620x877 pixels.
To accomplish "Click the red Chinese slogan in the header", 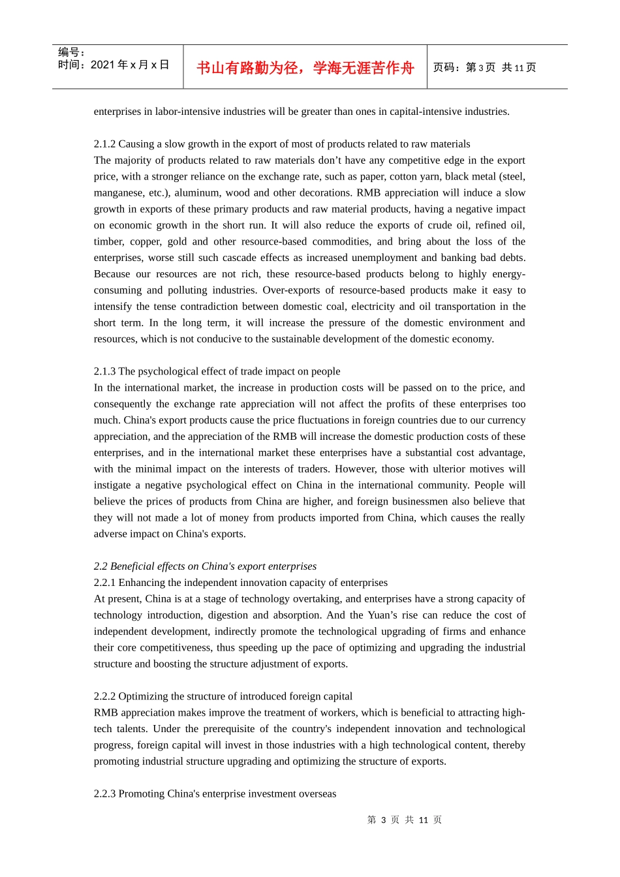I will coord(305,68).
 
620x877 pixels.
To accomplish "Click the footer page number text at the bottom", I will coord(404,820).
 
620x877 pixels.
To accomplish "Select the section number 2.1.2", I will coord(104,144).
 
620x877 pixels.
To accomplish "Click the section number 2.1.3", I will coord(104,371).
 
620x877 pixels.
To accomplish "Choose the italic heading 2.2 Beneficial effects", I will coord(205,566).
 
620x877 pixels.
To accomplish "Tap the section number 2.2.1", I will coord(104,583).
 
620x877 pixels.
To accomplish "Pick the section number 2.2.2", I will coord(104,696).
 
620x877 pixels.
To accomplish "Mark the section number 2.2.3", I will coord(104,794).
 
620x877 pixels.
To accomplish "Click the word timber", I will coord(109,241).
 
